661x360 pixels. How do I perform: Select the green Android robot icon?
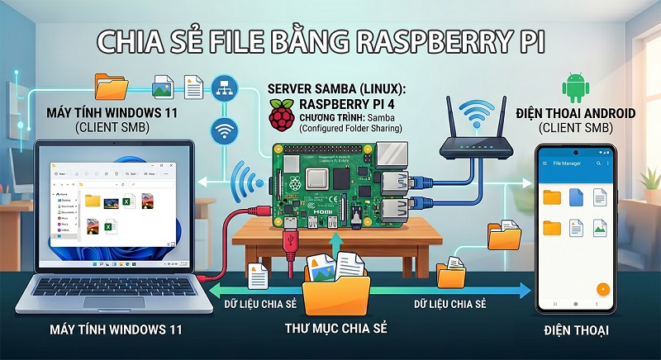coord(573,88)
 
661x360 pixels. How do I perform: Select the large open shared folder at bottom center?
coord(335,283)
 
